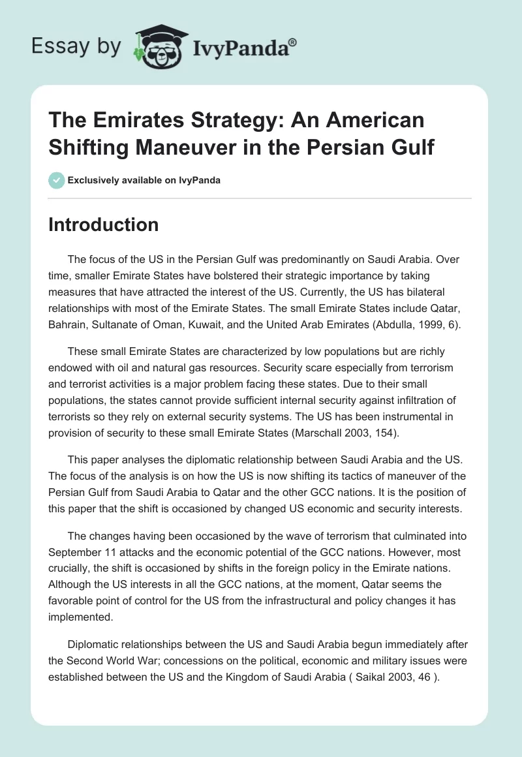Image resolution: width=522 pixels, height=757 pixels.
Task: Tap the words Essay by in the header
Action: pos(76,46)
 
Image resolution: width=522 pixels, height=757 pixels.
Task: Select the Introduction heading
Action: pos(104,224)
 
